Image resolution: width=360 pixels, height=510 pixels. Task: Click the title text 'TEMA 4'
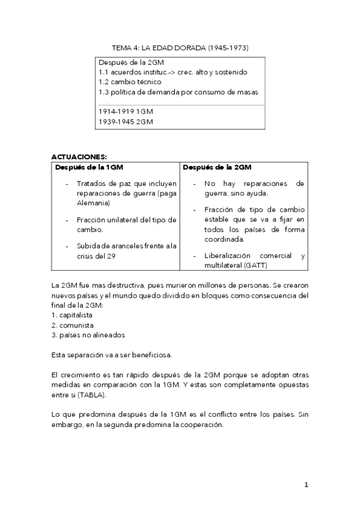click(124, 47)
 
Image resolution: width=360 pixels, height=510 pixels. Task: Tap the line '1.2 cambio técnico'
click(130, 82)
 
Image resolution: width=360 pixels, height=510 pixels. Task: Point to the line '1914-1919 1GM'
click(126, 111)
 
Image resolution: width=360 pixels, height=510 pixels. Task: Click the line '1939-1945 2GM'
click(126, 121)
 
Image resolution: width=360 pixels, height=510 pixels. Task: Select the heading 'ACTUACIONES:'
click(79, 156)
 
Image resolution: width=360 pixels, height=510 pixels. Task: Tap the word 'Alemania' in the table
click(92, 203)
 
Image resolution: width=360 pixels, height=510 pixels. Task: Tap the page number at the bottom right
click(306, 484)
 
